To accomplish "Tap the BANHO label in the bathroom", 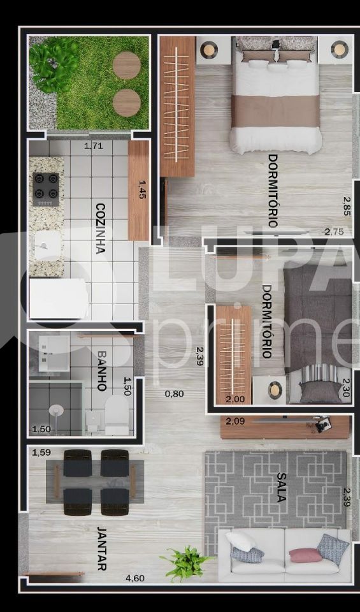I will [101, 370].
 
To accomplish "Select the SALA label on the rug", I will [281, 487].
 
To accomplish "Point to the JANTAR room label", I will [101, 548].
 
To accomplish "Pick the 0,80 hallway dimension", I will [174, 393].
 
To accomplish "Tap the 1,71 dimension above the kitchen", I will [94, 146].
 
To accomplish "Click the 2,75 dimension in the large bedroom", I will [333, 231].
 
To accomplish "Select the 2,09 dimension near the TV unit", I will [236, 421].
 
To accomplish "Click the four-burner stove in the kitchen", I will [46, 189].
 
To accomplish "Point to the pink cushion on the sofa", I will [306, 555].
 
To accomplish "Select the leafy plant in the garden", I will [54, 64].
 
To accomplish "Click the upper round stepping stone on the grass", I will [126, 65].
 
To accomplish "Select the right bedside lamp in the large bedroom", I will [340, 48].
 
